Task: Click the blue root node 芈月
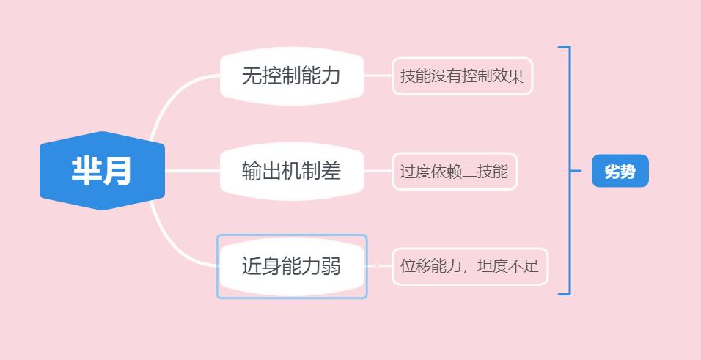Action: click(102, 171)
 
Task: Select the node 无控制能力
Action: click(292, 76)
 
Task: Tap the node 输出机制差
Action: click(292, 171)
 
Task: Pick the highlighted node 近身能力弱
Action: click(292, 266)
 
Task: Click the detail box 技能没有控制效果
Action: click(462, 76)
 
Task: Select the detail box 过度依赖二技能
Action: click(455, 172)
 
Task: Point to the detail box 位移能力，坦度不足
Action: click(470, 266)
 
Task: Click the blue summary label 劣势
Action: click(620, 172)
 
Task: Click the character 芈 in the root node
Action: click(86, 171)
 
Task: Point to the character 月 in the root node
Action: click(118, 171)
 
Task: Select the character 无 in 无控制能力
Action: click(252, 76)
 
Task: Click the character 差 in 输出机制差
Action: click(331, 171)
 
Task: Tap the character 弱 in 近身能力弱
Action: click(331, 266)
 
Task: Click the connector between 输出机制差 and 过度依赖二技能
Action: click(378, 171)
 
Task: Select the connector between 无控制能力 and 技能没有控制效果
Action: click(378, 76)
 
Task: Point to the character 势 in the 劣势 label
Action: click(628, 172)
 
